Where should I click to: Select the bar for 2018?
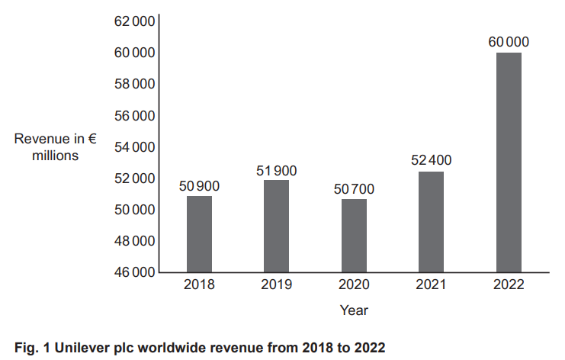tap(199, 234)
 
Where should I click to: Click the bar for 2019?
tap(276, 226)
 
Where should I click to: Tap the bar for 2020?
tap(354, 236)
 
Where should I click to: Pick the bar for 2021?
tap(431, 222)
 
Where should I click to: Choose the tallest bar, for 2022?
tap(509, 162)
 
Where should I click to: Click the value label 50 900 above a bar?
tap(199, 185)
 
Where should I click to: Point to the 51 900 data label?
tap(276, 170)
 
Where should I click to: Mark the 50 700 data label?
tap(354, 188)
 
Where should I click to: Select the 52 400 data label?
tap(431, 161)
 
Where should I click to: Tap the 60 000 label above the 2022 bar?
tap(509, 42)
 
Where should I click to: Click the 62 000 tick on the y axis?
tap(134, 22)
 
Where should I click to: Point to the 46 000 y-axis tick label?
tap(134, 272)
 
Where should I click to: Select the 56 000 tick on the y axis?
tap(134, 116)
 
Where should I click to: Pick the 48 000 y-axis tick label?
tap(134, 241)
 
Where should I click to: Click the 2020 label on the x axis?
tap(354, 285)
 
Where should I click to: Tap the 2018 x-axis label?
tap(199, 285)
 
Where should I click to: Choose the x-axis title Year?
tap(354, 310)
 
